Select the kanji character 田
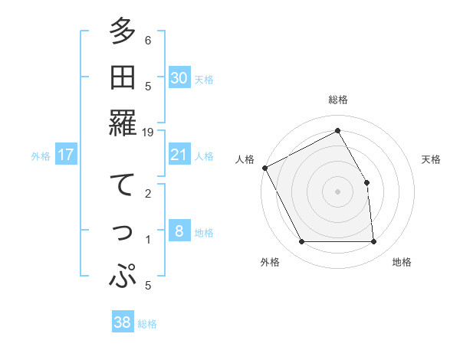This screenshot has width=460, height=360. [123, 78]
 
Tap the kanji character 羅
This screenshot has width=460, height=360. [123, 123]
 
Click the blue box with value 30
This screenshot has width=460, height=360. [179, 78]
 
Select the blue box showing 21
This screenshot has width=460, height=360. [179, 155]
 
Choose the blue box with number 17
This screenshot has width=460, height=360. [66, 155]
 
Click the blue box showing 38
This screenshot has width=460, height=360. [123, 322]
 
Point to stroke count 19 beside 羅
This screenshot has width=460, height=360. [148, 132]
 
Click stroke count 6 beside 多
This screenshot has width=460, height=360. [148, 41]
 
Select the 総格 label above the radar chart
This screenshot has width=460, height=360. [337, 100]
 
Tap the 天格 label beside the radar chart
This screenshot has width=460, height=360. [431, 159]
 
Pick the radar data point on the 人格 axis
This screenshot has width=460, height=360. [264, 168]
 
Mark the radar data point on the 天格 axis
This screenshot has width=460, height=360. [366, 182]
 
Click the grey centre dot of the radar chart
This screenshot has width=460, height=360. [337, 191]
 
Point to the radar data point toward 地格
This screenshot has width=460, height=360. [373, 242]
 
